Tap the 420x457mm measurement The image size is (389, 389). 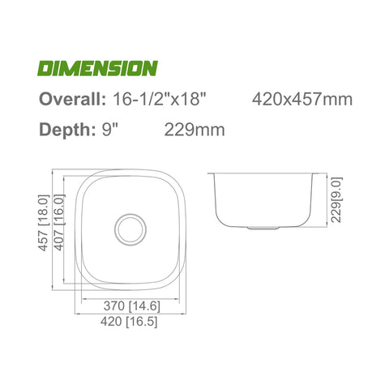(302, 100)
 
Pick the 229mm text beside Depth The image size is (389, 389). (194, 130)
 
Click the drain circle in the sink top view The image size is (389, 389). (129, 229)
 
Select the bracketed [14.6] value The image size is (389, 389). (146, 307)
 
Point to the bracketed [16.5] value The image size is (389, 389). (146, 322)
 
